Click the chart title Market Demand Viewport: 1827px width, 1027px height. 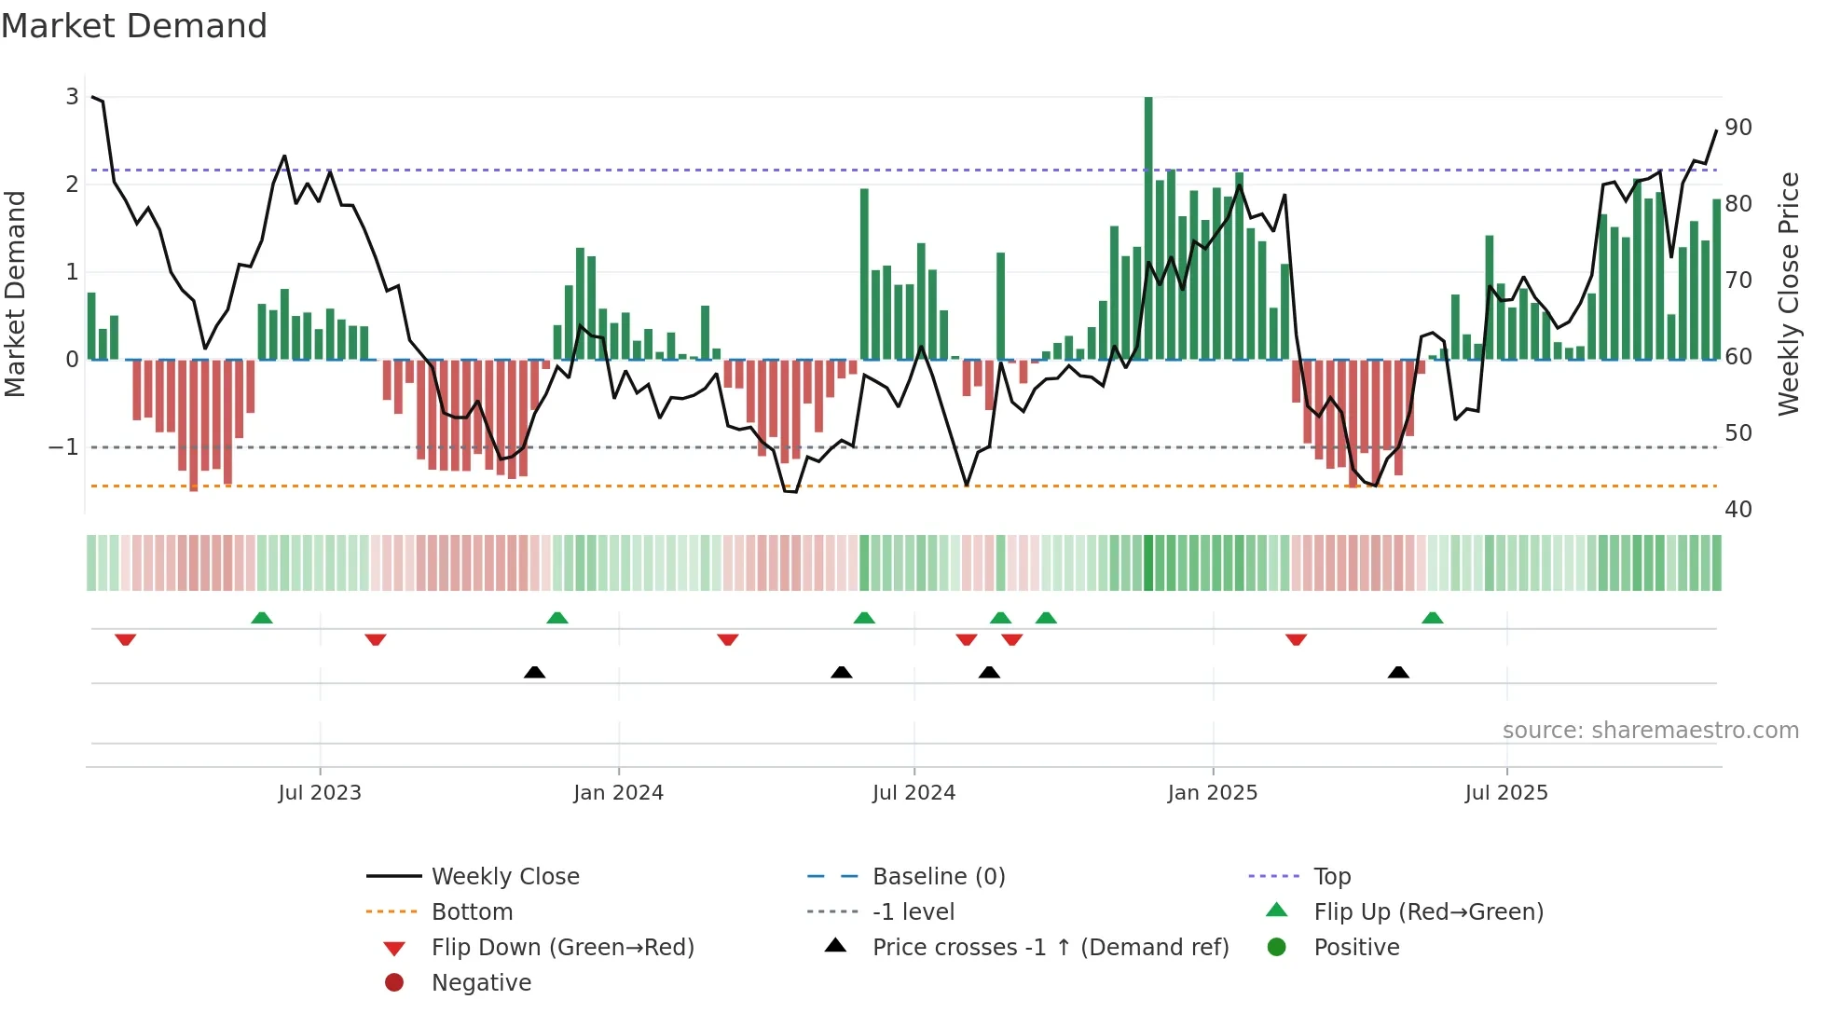[x=134, y=26]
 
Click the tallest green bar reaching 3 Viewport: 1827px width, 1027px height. [x=1148, y=228]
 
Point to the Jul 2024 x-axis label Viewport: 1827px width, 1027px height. [x=913, y=793]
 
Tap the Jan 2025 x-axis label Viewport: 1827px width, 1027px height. [x=1212, y=793]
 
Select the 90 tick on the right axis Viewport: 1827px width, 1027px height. [x=1738, y=128]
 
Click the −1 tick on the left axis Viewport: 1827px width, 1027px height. [x=63, y=447]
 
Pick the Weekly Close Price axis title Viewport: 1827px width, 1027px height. [x=1788, y=294]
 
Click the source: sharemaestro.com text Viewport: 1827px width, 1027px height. [x=1650, y=731]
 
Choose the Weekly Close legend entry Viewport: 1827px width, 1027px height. [x=504, y=877]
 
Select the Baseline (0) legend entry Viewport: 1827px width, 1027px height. [x=938, y=877]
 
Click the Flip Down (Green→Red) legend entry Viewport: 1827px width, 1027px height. [x=562, y=948]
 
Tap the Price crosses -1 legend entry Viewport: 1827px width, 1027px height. [x=1050, y=948]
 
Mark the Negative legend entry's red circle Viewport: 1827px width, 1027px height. [x=394, y=983]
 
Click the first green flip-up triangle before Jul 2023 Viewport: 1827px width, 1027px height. [x=262, y=618]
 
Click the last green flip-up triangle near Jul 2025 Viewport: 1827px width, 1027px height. [x=1433, y=618]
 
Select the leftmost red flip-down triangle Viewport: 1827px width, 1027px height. [x=126, y=639]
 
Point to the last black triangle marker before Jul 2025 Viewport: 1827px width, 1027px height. [x=1398, y=672]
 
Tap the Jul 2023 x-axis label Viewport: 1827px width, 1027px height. [x=320, y=793]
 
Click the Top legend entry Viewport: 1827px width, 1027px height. [x=1331, y=877]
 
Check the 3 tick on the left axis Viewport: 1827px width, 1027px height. [x=72, y=97]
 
